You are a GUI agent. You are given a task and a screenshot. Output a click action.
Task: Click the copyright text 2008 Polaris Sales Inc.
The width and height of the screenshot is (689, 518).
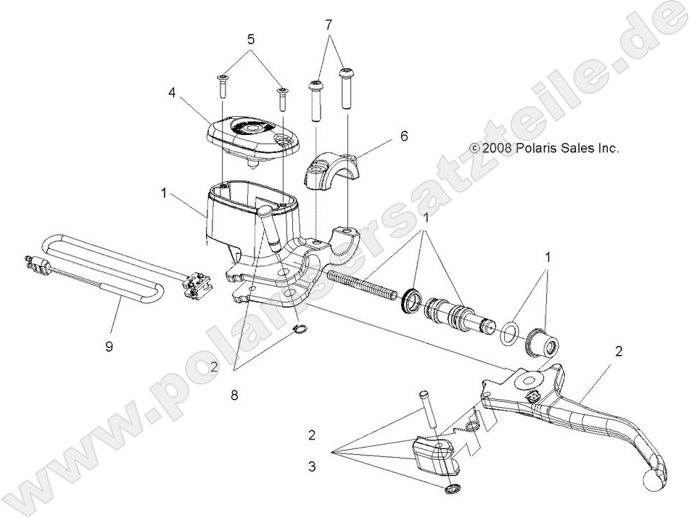(x=545, y=148)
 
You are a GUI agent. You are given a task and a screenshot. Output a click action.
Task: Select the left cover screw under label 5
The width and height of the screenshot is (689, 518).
(x=223, y=86)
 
